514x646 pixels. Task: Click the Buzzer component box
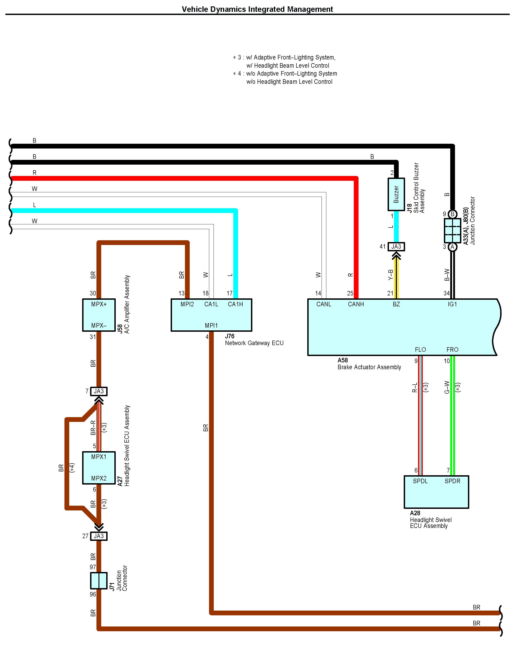[396, 194]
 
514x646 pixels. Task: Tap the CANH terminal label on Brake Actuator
[356, 304]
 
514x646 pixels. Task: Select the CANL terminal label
[324, 304]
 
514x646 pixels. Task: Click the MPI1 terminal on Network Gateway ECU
[211, 325]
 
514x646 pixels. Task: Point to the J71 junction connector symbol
[98, 581]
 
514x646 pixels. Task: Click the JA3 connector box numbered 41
[396, 247]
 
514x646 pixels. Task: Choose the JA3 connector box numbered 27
[98, 536]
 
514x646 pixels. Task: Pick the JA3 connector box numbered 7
[98, 391]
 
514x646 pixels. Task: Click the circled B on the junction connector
[452, 214]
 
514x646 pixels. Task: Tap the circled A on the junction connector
[452, 247]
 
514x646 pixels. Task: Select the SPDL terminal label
[420, 481]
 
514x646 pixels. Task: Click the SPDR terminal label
[452, 481]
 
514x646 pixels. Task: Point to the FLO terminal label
[420, 350]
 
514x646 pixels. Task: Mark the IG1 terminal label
[452, 304]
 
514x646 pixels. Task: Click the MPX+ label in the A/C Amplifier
[99, 304]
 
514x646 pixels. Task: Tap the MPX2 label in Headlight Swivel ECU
[99, 478]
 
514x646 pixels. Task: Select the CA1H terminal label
[235, 304]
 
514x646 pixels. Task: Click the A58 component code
[343, 360]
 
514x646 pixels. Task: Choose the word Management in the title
[310, 9]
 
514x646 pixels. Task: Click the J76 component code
[229, 336]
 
